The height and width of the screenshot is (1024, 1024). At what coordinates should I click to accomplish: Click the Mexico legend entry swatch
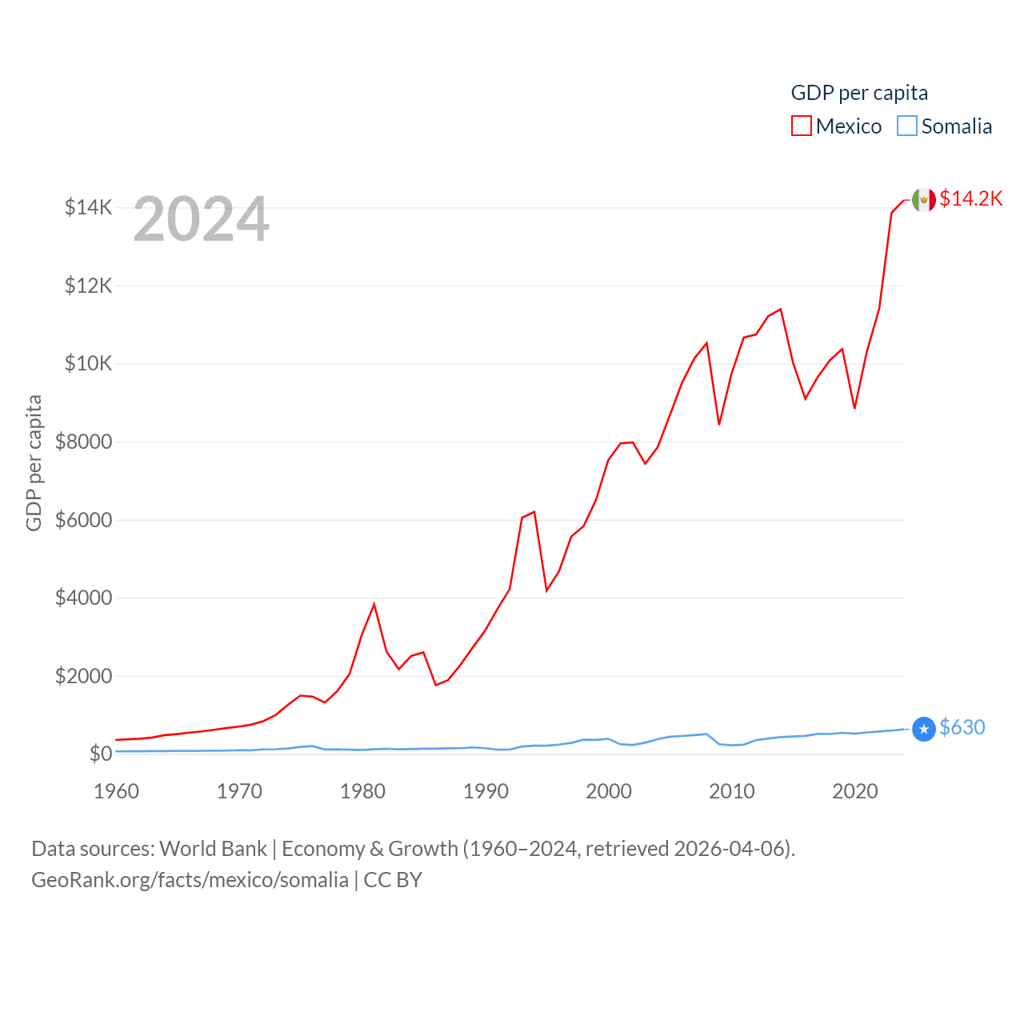click(801, 126)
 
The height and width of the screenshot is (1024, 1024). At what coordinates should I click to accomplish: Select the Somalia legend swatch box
click(906, 126)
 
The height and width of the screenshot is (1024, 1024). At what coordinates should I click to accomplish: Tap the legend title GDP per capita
click(859, 93)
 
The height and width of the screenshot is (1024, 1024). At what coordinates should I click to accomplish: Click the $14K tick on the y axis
click(89, 208)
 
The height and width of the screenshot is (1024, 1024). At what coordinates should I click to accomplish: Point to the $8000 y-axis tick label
click(83, 442)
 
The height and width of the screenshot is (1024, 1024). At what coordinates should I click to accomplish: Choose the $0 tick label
click(100, 754)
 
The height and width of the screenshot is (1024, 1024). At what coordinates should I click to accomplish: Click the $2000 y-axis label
click(83, 676)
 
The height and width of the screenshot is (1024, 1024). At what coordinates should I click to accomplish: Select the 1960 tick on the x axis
click(116, 791)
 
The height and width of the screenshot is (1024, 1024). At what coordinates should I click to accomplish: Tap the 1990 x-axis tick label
click(486, 791)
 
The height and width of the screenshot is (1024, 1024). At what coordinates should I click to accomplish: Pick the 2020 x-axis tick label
click(854, 791)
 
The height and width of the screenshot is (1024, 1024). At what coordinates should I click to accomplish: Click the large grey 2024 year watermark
click(201, 219)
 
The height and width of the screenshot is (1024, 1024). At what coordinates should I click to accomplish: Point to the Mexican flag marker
click(924, 200)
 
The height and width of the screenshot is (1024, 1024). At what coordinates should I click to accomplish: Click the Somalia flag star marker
click(924, 729)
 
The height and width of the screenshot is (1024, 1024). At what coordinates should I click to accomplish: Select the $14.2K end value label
click(970, 198)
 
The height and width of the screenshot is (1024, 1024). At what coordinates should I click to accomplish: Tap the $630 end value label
click(962, 727)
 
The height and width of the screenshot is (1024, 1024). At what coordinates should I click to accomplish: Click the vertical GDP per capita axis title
click(34, 462)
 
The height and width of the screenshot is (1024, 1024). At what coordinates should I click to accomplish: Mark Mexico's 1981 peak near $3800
click(374, 604)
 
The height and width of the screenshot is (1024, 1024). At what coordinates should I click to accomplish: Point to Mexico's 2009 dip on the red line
click(719, 424)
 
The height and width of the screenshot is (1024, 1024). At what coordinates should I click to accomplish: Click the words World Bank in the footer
click(213, 849)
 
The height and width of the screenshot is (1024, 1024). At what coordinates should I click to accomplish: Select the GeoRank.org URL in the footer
click(190, 880)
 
